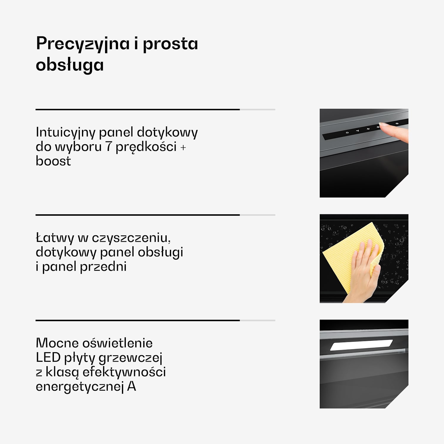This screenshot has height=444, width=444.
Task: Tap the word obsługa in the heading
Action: [x=70, y=65]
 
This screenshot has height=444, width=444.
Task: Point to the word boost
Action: [x=53, y=161]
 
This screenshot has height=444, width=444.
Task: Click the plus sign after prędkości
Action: [x=183, y=147]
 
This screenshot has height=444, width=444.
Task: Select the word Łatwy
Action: [x=55, y=238]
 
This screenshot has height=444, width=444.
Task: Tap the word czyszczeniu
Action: [x=131, y=238]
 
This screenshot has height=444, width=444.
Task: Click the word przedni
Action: [x=103, y=267]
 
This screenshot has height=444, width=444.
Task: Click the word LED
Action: [x=48, y=358]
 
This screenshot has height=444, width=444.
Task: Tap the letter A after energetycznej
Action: [x=131, y=387]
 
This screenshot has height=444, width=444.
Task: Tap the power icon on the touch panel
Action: [x=347, y=133]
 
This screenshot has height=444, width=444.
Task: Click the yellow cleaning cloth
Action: [x=349, y=255]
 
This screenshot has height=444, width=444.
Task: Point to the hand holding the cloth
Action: [x=363, y=272]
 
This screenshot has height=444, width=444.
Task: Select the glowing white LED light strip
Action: [x=361, y=345]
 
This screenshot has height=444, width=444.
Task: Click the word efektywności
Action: [x=124, y=372]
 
